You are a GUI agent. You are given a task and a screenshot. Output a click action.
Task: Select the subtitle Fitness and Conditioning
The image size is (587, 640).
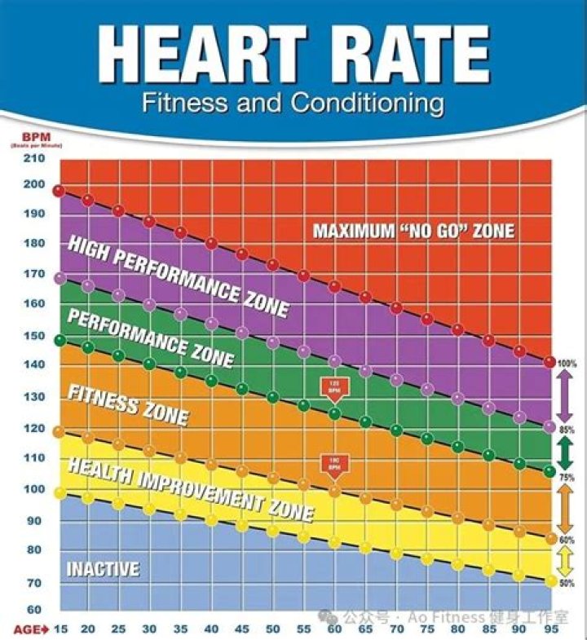(x=293, y=104)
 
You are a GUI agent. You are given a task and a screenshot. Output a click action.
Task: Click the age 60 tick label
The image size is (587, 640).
(x=334, y=629)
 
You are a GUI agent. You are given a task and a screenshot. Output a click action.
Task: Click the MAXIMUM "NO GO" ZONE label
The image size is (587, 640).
(x=414, y=231)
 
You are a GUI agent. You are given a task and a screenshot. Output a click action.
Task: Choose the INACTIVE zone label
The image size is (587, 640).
(x=102, y=568)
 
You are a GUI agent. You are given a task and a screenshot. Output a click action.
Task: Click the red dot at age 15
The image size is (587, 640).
(x=58, y=191)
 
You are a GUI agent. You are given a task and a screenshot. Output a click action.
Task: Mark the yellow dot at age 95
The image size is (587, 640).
(x=550, y=581)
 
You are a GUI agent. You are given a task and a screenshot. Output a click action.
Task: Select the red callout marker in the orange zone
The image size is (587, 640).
(x=334, y=463)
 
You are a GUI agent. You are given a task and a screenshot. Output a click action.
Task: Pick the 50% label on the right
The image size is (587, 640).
(x=567, y=583)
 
